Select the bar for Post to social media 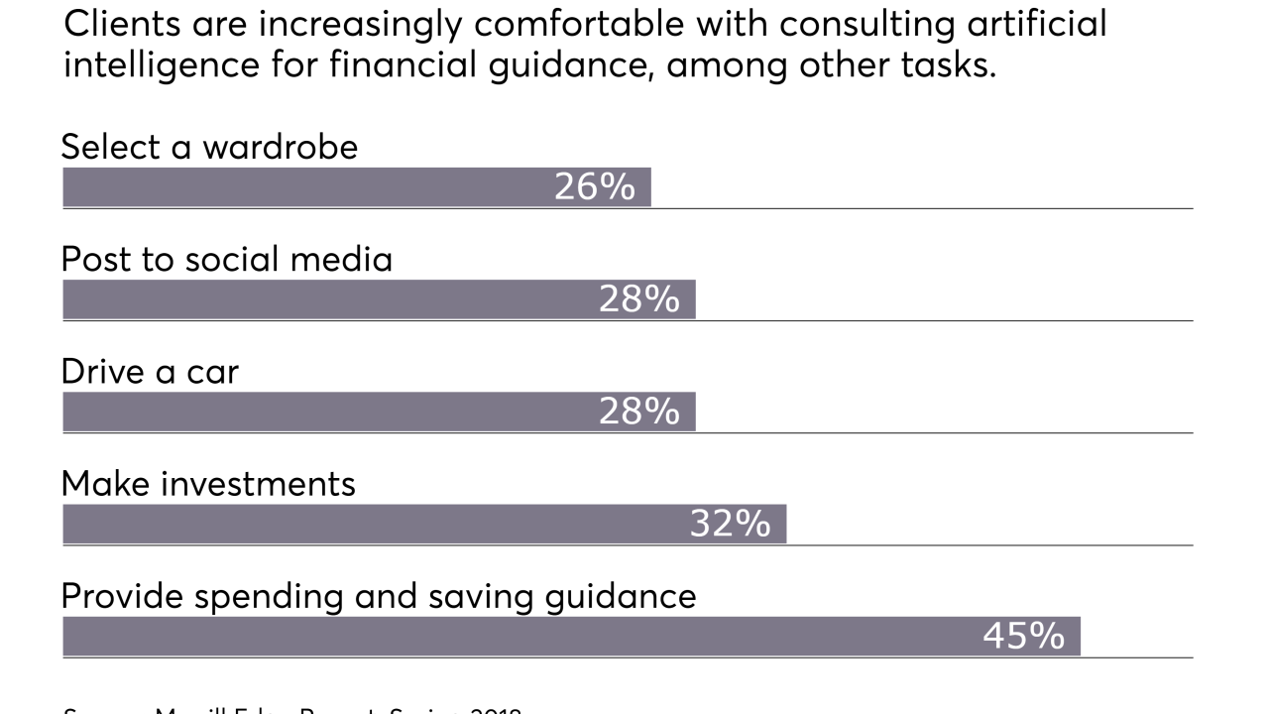point(327,298)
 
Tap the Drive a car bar point(327,411)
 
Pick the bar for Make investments point(377,524)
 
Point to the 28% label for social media point(639,298)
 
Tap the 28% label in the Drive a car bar point(639,411)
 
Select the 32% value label point(731,524)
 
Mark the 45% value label point(1024,636)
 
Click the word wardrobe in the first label point(281,147)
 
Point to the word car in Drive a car point(212,372)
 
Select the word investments point(258,484)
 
